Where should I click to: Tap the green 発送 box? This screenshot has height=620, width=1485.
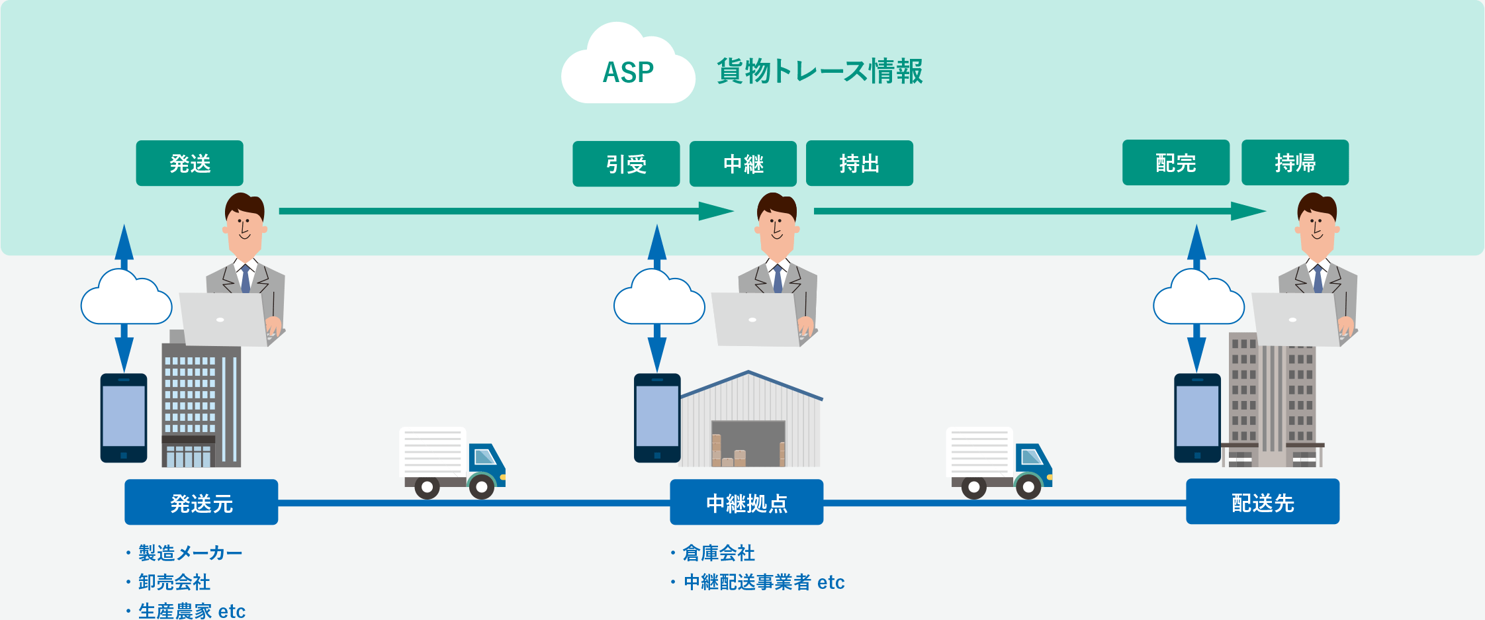pyautogui.click(x=189, y=163)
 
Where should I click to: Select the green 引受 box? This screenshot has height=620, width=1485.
pyautogui.click(x=625, y=163)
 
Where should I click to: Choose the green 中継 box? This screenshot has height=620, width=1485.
pyautogui.click(x=742, y=163)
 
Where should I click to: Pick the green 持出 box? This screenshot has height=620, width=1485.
pyautogui.click(x=859, y=163)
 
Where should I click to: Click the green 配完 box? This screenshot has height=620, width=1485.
pyautogui.click(x=1175, y=162)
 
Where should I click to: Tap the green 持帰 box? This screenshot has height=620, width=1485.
pyautogui.click(x=1294, y=162)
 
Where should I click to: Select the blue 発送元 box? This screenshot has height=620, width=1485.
pyautogui.click(x=201, y=502)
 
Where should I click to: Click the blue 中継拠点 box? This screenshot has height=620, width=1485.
pyautogui.click(x=746, y=502)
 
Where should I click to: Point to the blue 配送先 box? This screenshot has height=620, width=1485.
pyautogui.click(x=1262, y=502)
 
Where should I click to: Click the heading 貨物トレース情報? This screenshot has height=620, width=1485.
pyautogui.click(x=819, y=71)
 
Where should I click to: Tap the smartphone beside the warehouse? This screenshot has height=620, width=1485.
pyautogui.click(x=656, y=418)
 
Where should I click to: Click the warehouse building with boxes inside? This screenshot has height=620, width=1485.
pyautogui.click(x=750, y=423)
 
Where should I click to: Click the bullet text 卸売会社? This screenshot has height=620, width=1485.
pyautogui.click(x=174, y=582)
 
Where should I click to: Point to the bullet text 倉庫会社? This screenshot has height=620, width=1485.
pyautogui.click(x=718, y=553)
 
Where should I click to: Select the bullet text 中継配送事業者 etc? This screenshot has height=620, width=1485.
pyautogui.click(x=764, y=582)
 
